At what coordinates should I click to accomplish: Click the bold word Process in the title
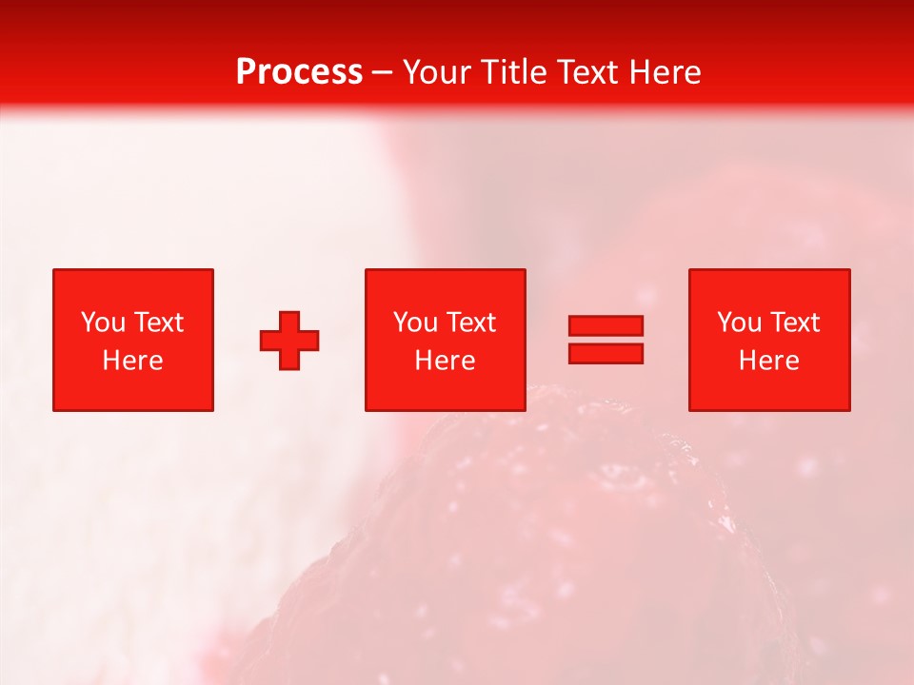pos(299,72)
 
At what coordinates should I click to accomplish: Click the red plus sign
pos(289,341)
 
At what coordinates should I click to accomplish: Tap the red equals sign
pos(606,340)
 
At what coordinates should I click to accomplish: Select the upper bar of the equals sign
pos(606,326)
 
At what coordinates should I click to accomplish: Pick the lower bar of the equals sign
pos(606,354)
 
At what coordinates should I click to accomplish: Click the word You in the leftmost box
pos(103,323)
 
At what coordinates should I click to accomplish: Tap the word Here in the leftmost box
pos(133,361)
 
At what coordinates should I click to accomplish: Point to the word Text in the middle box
pos(470,323)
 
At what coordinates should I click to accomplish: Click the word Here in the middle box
pos(445,361)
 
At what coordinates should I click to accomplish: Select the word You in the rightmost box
pos(739,323)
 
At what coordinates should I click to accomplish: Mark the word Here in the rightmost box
pos(769,361)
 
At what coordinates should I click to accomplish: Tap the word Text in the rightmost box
pos(794,323)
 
